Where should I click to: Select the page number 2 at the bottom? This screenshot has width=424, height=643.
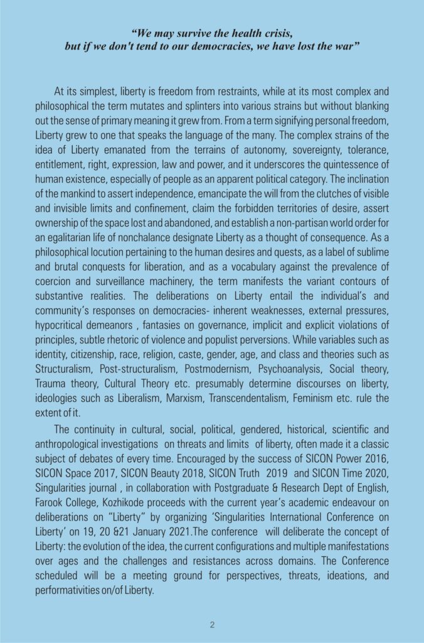point(212,624)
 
